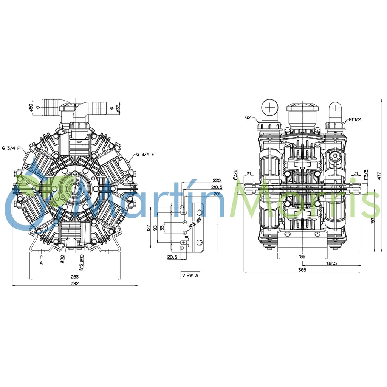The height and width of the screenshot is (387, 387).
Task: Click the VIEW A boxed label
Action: (x=190, y=276)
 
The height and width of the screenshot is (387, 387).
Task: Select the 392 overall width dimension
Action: (x=74, y=284)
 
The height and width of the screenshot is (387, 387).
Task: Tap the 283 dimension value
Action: (x=74, y=277)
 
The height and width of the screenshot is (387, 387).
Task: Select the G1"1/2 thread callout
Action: (x=356, y=120)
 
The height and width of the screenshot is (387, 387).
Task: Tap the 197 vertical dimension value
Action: (x=373, y=221)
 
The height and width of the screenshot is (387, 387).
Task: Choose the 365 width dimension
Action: (x=302, y=270)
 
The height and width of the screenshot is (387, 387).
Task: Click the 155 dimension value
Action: (x=302, y=257)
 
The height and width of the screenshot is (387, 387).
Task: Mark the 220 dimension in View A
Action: (x=217, y=180)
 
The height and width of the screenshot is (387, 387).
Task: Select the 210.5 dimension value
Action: (x=217, y=187)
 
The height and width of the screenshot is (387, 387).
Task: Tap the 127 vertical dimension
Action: (x=149, y=228)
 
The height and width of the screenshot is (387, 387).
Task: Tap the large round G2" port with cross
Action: (x=270, y=109)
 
